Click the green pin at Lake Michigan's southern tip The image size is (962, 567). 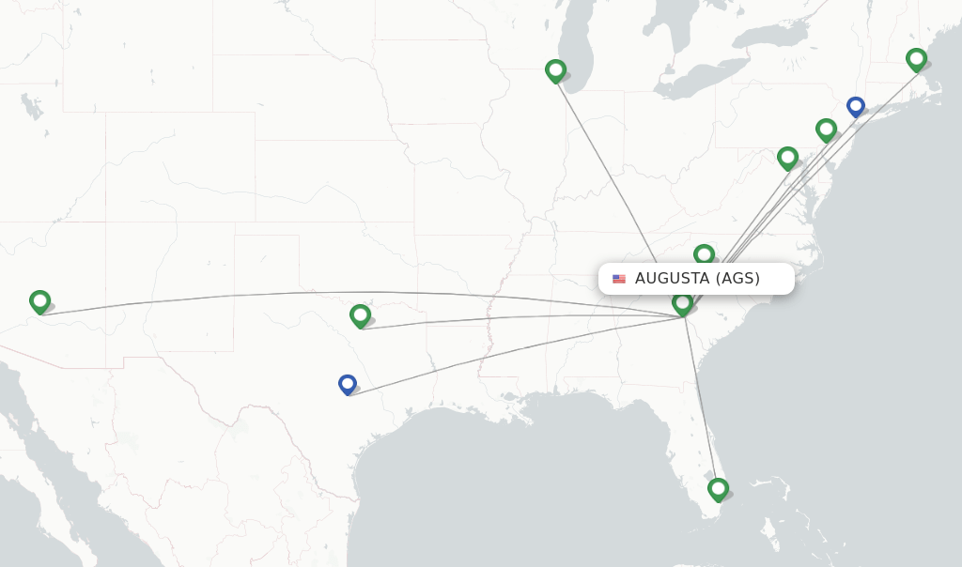[x=555, y=70]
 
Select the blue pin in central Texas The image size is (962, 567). [x=348, y=384]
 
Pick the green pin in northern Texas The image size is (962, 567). [x=360, y=315]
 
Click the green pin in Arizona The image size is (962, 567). [x=39, y=301]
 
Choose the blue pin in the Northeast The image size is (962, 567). [x=855, y=106]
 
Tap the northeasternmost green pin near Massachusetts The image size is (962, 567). [x=916, y=59]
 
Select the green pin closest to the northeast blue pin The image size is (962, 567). [x=826, y=130]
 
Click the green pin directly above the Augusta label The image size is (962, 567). [x=704, y=254]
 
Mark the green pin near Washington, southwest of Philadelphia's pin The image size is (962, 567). [x=787, y=158]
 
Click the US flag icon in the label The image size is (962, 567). [x=619, y=279]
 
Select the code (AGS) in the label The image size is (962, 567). [x=737, y=279]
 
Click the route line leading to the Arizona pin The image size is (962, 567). [x=282, y=296]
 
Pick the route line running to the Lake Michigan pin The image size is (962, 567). [x=611, y=174]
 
